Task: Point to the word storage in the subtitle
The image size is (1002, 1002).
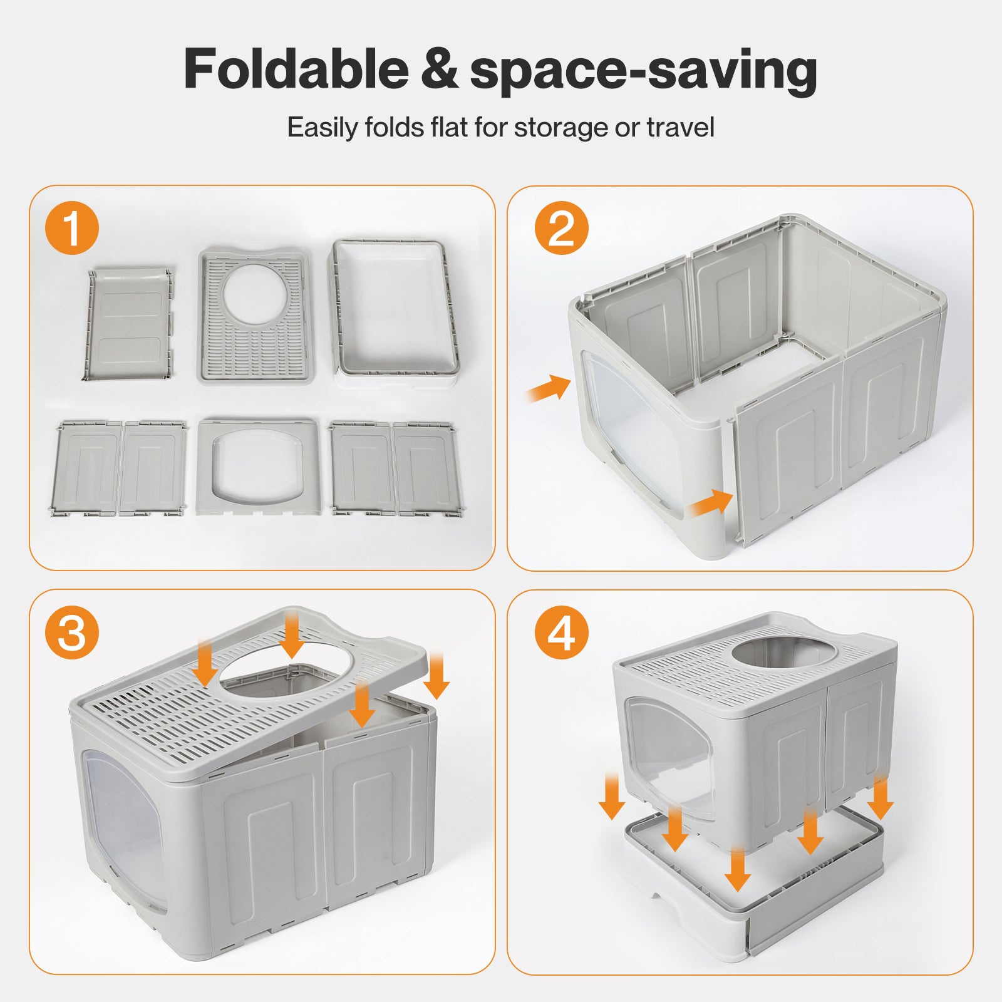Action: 560,128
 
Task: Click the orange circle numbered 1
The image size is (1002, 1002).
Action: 72,228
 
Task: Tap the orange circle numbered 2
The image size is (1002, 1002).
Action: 561,228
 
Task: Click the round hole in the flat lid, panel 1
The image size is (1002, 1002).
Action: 254,294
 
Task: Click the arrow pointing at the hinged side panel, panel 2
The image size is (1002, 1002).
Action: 711,503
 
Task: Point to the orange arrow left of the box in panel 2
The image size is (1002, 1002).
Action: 548,388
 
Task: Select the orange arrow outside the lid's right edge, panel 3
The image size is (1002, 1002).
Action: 436,675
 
